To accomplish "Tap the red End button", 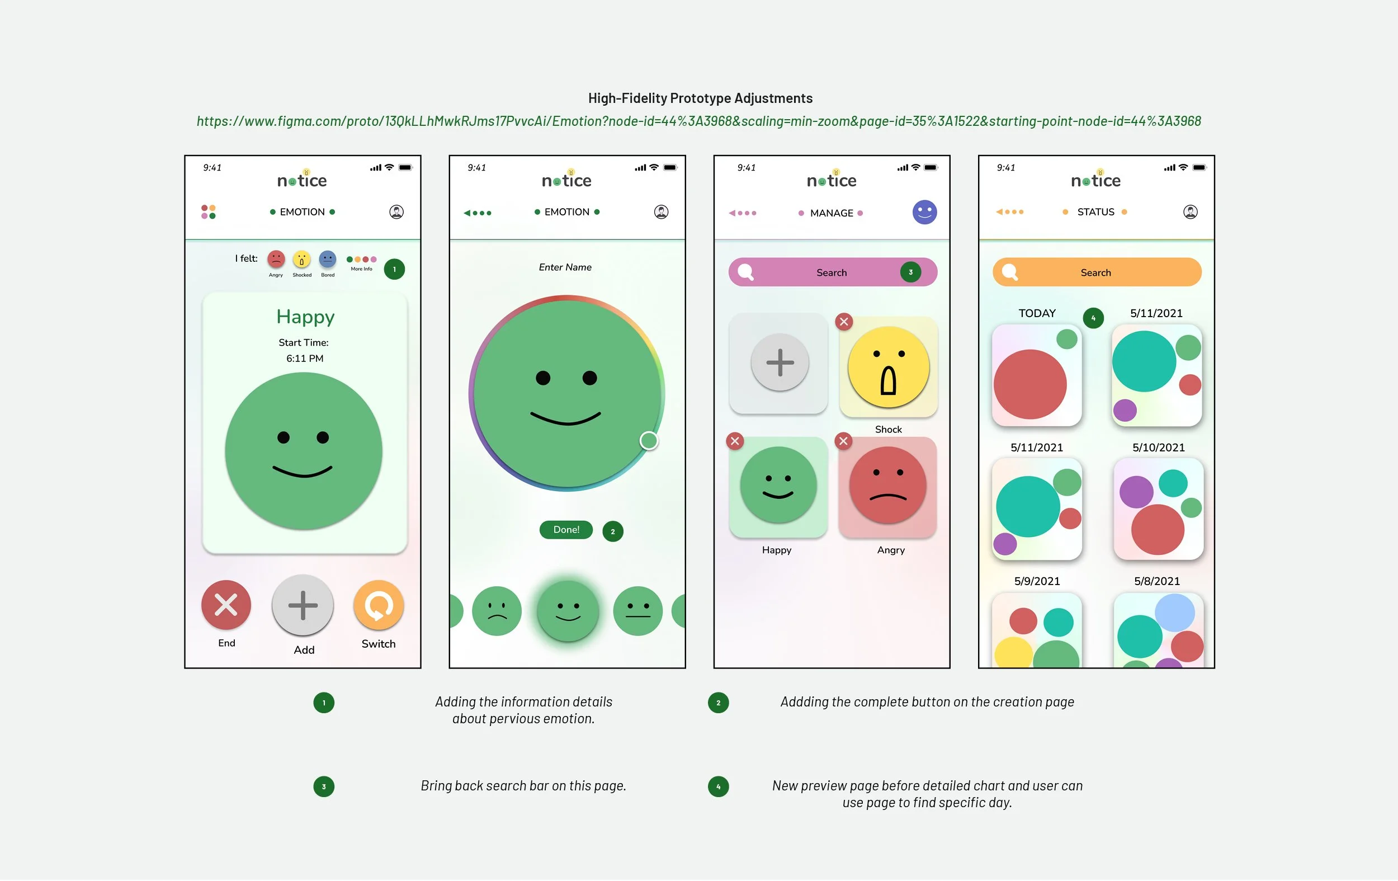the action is [x=226, y=605].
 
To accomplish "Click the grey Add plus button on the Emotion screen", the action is [x=303, y=605].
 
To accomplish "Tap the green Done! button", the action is [x=566, y=530].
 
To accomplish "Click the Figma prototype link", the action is [x=698, y=121].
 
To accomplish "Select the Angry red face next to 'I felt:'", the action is [x=276, y=259].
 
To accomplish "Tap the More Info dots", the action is [x=361, y=260].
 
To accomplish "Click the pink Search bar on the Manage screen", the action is [x=832, y=272].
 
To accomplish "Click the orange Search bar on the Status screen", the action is [x=1096, y=272].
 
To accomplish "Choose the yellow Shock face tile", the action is [x=888, y=367].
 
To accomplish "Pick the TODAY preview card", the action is [x=1036, y=375].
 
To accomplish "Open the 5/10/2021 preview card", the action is [x=1158, y=508].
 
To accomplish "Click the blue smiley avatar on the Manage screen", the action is [x=924, y=212].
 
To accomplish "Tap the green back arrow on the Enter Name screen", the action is [x=467, y=213].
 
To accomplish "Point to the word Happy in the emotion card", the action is [x=305, y=317].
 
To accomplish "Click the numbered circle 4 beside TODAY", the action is [x=1093, y=318].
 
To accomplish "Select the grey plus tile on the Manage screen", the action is [x=779, y=363].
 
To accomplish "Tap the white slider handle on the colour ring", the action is [x=649, y=441].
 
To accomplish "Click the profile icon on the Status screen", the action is [x=1190, y=212].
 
